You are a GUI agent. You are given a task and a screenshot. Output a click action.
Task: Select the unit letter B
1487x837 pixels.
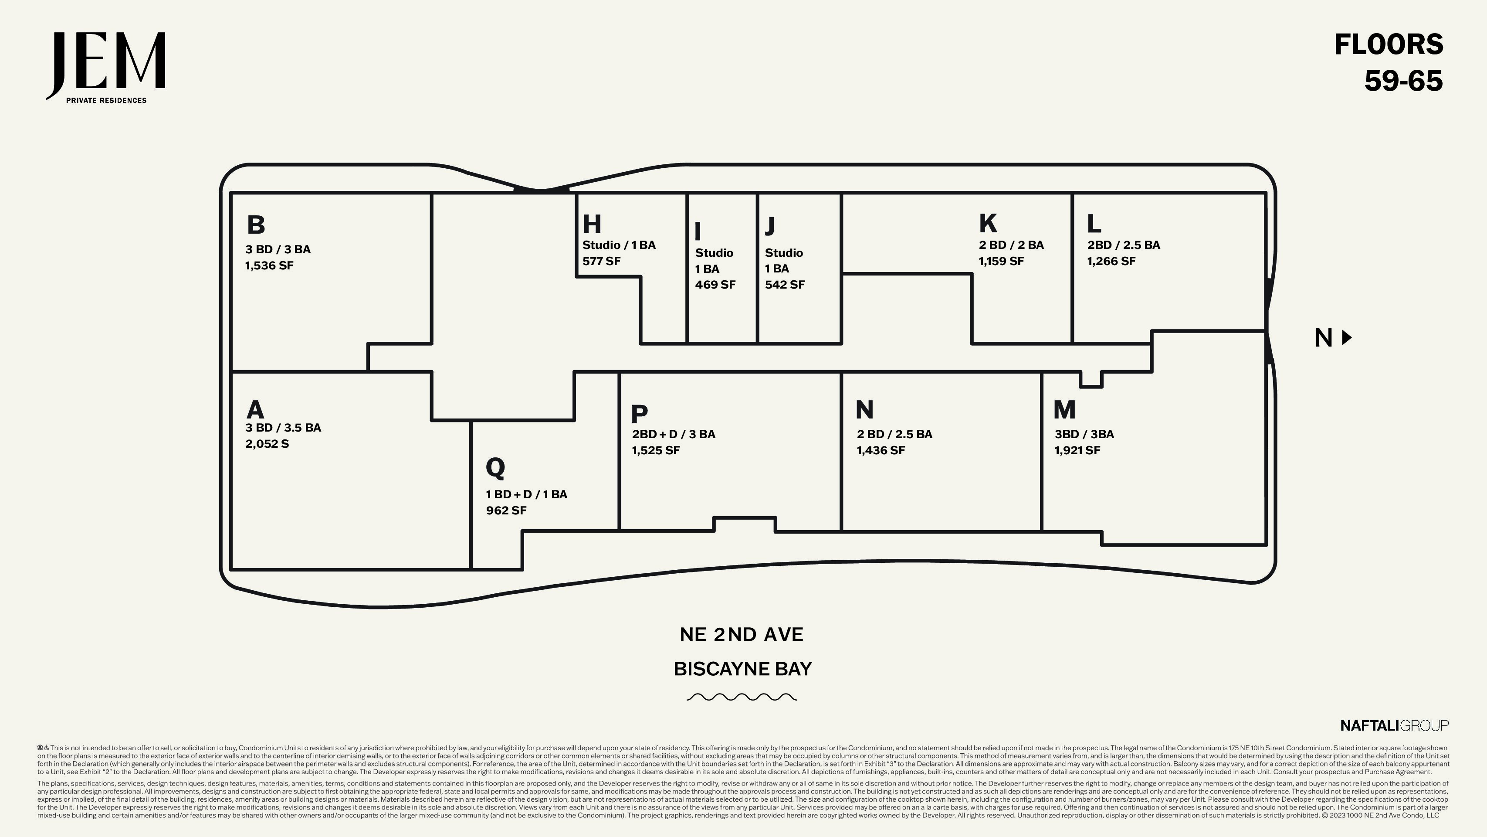click(256, 225)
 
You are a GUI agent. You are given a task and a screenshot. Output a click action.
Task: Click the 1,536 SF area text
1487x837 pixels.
click(269, 266)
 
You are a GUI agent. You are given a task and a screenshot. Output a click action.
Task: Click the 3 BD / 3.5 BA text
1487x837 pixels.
click(283, 428)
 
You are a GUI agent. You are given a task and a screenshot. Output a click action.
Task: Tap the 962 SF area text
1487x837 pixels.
click(506, 510)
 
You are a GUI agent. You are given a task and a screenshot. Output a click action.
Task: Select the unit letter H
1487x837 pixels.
click(592, 224)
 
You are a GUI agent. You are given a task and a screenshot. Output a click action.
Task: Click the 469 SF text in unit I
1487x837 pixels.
click(715, 285)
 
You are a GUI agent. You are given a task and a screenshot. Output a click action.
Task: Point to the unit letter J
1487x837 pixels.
click(770, 226)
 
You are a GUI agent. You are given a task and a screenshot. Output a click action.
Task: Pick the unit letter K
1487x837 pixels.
click(988, 223)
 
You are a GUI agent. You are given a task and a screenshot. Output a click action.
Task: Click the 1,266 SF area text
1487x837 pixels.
click(1111, 261)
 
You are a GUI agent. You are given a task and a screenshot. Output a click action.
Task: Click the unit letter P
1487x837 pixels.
click(640, 414)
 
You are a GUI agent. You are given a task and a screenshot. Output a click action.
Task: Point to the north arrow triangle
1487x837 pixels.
click(1347, 337)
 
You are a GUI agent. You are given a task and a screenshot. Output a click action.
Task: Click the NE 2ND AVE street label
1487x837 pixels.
click(742, 634)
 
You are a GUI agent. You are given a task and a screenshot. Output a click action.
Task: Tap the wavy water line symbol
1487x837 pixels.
click(742, 697)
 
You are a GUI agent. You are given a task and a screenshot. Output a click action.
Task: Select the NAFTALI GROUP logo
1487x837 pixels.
click(1395, 725)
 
